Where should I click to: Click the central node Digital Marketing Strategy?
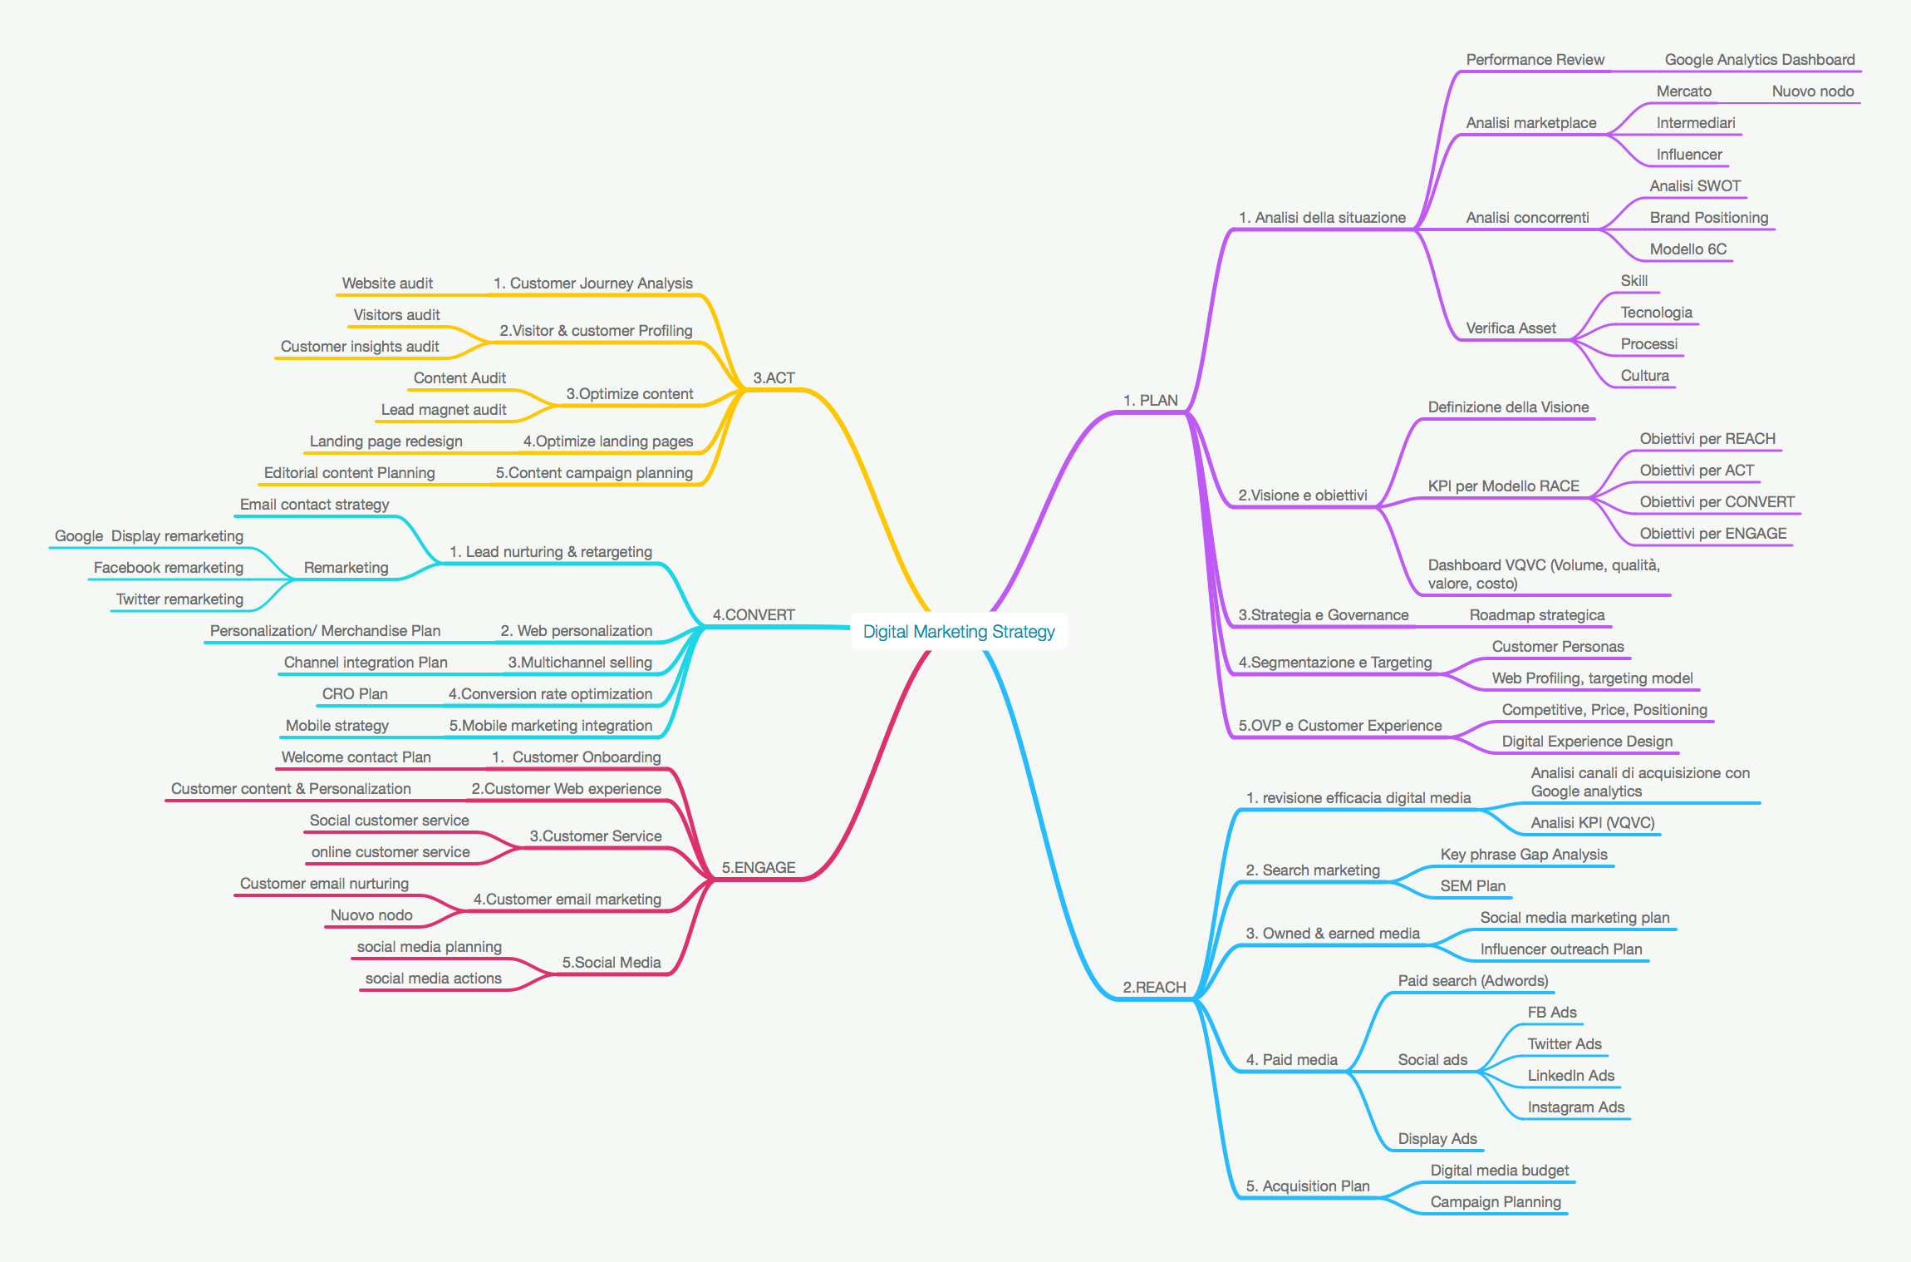tap(959, 631)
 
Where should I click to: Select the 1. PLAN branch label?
tap(1151, 400)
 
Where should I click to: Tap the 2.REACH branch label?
tap(1154, 987)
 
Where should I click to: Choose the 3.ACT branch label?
tap(774, 377)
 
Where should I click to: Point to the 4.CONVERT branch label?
tap(754, 614)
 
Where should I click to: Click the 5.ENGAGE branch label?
tap(759, 867)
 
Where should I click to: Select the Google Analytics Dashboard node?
tap(1760, 59)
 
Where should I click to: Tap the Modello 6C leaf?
tap(1688, 249)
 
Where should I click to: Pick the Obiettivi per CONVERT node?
tap(1717, 501)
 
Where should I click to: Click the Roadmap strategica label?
tap(1537, 614)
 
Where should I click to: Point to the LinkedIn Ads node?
tap(1571, 1075)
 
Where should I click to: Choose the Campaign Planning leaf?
tap(1496, 1201)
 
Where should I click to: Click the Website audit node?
tap(387, 283)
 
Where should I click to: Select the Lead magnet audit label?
tap(444, 409)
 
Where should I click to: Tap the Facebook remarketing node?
tap(169, 567)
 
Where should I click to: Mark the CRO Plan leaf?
tap(355, 693)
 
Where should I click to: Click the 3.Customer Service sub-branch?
tap(596, 836)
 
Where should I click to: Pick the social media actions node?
tap(434, 978)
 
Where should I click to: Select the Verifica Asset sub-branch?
tap(1511, 328)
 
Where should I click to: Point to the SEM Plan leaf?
tap(1473, 885)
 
